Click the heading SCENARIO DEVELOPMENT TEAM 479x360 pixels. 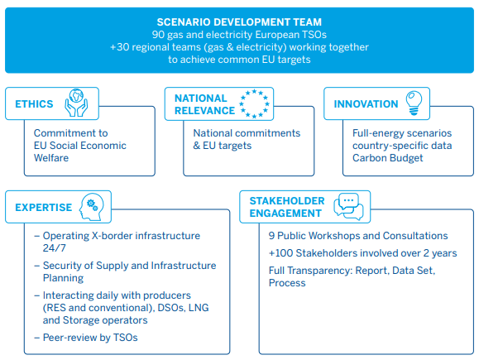(x=239, y=22)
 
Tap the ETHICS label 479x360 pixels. (x=34, y=104)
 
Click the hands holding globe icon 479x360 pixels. (x=76, y=103)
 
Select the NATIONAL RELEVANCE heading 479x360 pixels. (x=204, y=104)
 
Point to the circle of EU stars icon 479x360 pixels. (x=254, y=103)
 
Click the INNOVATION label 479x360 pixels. (x=366, y=104)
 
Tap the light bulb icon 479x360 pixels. (x=414, y=103)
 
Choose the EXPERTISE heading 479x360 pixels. (x=43, y=208)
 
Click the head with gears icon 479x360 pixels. (x=91, y=207)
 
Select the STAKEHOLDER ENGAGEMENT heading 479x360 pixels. (x=287, y=207)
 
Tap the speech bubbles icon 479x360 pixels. (x=348, y=207)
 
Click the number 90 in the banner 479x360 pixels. (x=158, y=35)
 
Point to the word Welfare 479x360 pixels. (x=51, y=158)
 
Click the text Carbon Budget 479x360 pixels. (x=388, y=158)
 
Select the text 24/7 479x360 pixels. (x=54, y=247)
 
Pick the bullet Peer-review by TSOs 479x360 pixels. (x=86, y=338)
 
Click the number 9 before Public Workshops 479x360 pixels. (x=271, y=236)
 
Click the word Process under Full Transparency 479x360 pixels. (x=287, y=283)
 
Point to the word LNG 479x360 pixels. (x=199, y=307)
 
